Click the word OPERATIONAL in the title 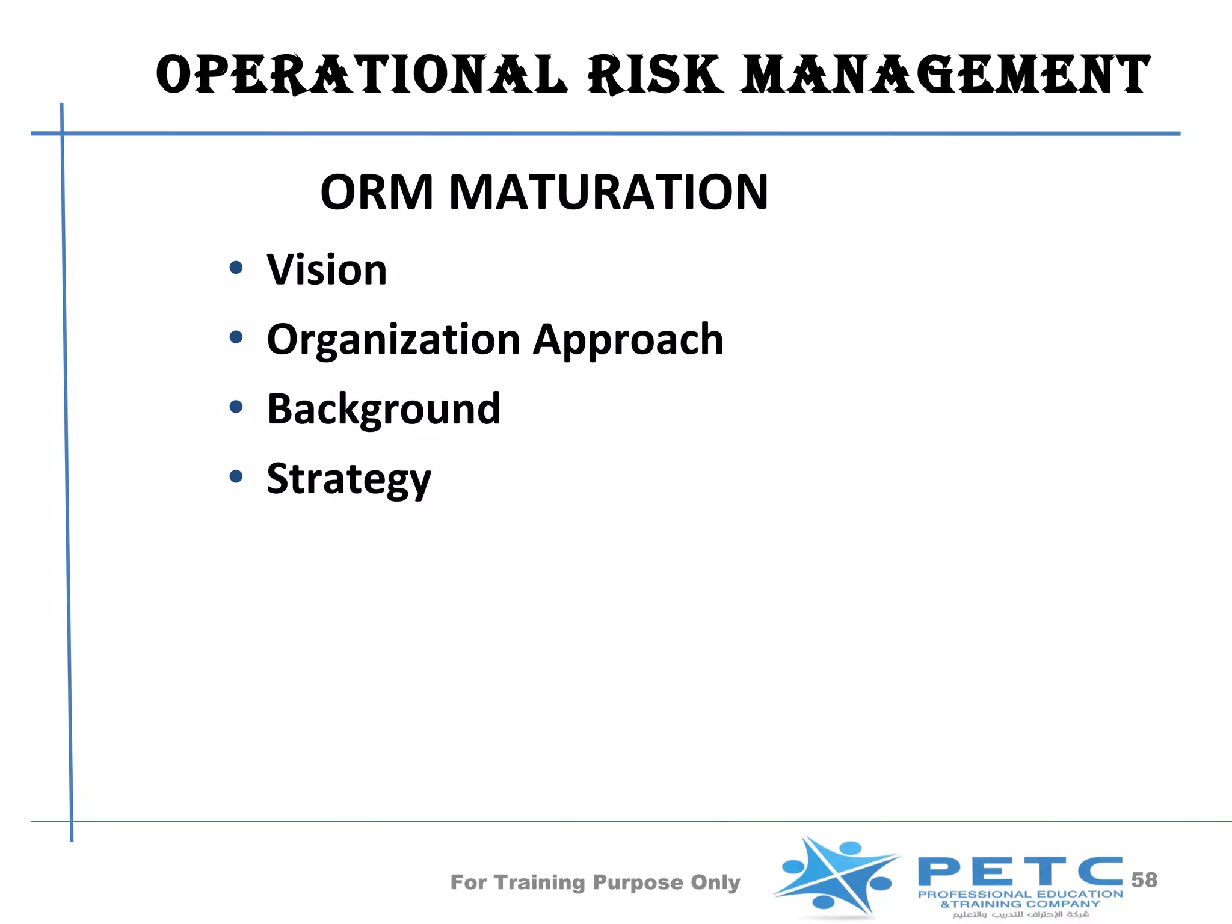(361, 75)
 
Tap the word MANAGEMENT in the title (945, 75)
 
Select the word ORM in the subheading (377, 192)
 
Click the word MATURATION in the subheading (608, 192)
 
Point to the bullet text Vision (327, 270)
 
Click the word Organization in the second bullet (393, 340)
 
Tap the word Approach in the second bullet (628, 340)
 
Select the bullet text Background (383, 409)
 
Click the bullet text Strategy (349, 479)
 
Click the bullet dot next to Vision (236, 268)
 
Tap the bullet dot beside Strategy (236, 477)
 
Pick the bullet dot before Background (236, 407)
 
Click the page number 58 (1144, 880)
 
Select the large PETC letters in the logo (1019, 872)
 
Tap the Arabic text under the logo (1020, 914)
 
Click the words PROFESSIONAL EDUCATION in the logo (1020, 895)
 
